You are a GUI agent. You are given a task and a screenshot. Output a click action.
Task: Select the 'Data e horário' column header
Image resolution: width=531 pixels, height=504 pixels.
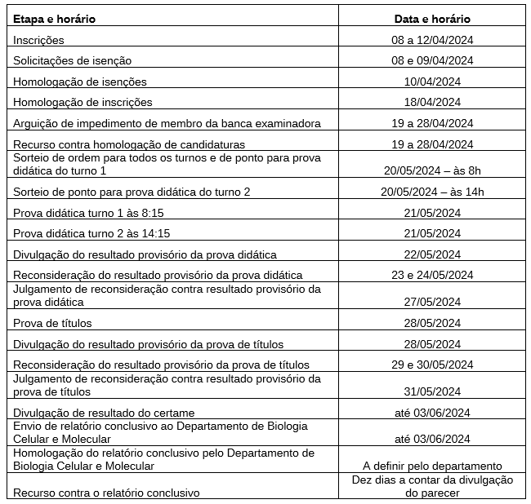coord(432,19)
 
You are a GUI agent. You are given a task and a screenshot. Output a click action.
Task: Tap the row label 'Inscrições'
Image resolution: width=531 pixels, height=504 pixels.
coord(38,40)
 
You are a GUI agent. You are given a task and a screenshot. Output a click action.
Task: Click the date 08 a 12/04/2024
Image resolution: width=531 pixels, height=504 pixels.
coord(432,40)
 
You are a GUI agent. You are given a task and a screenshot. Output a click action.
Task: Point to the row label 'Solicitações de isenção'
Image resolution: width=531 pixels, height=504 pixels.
coord(72,60)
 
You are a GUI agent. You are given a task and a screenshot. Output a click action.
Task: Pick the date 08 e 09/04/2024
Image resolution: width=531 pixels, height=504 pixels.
coord(432,60)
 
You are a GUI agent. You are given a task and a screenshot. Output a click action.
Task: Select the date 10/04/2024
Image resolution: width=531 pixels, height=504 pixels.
coord(432,82)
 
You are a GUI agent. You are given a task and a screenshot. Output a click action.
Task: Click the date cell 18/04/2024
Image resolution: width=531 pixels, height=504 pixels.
coord(432,103)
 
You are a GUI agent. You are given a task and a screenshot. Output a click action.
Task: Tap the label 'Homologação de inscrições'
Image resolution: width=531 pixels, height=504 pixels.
coord(83,103)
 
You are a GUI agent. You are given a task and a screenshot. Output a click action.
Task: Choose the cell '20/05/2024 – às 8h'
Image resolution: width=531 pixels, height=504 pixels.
coord(432,171)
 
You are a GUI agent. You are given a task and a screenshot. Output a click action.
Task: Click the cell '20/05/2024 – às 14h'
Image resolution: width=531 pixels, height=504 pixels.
coord(432,192)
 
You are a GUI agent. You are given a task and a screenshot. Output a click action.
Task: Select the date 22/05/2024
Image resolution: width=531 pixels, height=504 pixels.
coord(432,254)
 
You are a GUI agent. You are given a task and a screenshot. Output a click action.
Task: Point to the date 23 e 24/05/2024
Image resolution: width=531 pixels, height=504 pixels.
coord(432,275)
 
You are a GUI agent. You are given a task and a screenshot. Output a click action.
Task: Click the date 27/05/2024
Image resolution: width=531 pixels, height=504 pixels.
coord(432,302)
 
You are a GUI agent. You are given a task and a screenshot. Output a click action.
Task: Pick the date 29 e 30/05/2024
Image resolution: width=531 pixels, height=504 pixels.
coord(432,365)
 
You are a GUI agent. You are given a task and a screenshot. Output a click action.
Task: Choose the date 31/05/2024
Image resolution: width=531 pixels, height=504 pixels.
coord(432,391)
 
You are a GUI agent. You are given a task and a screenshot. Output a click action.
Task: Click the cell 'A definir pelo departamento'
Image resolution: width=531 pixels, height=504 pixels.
coord(432,466)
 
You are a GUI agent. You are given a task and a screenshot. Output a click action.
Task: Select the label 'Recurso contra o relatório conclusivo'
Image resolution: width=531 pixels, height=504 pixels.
coord(106,493)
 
